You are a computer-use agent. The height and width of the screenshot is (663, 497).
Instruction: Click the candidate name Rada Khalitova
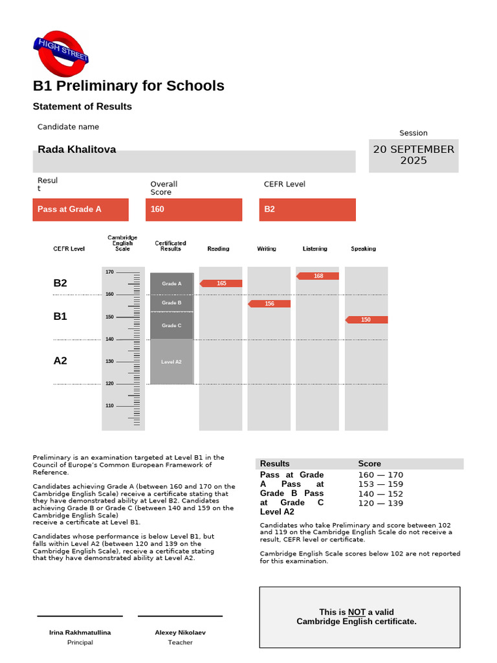77,150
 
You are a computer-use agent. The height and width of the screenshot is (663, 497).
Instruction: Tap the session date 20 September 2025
414,155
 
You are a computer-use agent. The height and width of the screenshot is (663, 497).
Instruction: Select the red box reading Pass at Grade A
80,209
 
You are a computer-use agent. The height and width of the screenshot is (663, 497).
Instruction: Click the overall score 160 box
195,209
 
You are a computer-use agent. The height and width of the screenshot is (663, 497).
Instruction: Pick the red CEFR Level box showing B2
307,209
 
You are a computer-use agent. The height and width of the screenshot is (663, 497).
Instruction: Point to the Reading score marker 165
221,284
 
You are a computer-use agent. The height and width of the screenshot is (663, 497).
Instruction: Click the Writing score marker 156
269,304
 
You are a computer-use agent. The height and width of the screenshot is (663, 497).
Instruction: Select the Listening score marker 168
318,276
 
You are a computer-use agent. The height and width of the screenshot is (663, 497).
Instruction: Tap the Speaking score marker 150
366,320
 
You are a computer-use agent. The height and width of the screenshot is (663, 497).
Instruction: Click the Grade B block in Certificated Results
171,303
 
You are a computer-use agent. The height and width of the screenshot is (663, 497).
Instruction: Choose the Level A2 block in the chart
171,362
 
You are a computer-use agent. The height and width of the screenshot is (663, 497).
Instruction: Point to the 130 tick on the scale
109,361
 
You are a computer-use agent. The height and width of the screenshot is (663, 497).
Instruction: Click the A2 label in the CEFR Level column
60,361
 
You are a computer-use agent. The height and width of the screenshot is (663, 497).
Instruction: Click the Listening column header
315,249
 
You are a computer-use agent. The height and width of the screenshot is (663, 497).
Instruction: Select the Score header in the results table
370,464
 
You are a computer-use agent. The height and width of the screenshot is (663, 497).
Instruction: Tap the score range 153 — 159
381,484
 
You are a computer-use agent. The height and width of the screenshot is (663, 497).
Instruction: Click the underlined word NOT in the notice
357,612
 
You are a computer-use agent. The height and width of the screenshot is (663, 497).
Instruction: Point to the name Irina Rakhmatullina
80,633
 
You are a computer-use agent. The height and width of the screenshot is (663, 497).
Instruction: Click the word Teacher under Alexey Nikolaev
180,642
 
